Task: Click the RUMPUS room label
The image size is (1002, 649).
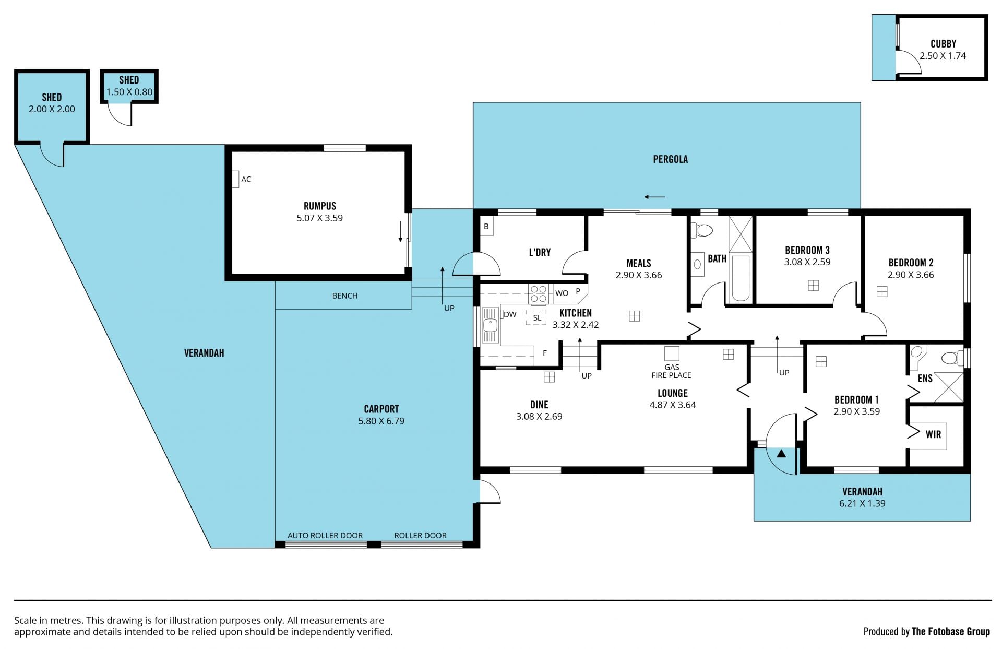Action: [320, 206]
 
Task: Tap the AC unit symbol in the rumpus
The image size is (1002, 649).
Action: [235, 179]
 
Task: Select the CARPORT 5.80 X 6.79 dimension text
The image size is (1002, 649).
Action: [381, 421]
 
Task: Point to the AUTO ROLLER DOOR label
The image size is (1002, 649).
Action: [325, 535]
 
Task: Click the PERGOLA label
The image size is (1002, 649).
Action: [670, 159]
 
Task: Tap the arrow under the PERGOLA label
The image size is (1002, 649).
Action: [654, 197]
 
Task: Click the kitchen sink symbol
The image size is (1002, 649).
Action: [490, 325]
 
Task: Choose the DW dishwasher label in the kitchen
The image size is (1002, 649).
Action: [510, 314]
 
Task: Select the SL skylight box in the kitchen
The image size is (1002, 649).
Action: [536, 317]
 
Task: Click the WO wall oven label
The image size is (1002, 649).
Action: [562, 293]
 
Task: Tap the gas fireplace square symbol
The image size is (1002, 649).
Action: [672, 353]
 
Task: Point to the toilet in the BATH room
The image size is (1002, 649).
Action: [703, 230]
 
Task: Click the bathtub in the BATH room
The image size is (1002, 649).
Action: [741, 278]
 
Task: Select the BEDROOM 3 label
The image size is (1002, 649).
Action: [807, 250]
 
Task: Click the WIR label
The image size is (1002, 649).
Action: [933, 434]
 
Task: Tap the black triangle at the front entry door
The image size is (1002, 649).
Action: [781, 453]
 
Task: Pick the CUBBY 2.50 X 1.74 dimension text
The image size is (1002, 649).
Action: [943, 56]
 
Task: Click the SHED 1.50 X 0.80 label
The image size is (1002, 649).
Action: [129, 86]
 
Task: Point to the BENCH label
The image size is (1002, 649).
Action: [345, 296]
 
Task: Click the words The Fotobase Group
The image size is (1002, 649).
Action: [950, 631]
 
